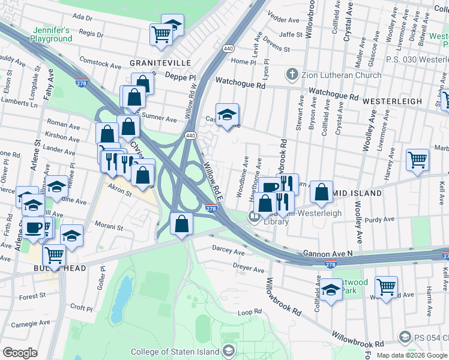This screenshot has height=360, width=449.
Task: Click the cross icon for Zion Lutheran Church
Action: tap(292, 75)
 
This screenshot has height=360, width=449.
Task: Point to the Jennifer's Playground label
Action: tap(52, 34)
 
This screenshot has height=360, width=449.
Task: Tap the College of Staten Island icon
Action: tap(228, 351)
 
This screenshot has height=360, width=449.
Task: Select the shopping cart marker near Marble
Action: tap(418, 160)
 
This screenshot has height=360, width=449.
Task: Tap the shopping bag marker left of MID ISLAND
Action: tap(322, 192)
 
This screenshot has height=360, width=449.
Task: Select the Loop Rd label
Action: tap(250, 313)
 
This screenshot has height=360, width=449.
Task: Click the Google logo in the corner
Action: tap(20, 353)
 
